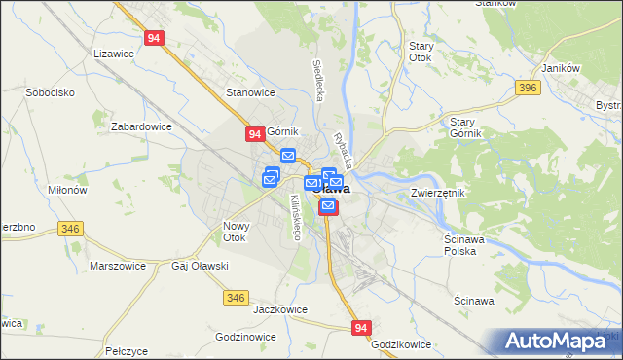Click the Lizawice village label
(112, 54)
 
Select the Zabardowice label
(141, 126)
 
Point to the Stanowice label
(251, 92)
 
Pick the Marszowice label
(117, 266)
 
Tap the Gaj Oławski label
(200, 266)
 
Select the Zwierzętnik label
(438, 193)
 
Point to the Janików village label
(561, 67)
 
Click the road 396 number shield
(529, 89)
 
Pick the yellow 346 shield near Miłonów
(69, 229)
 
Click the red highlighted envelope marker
(328, 206)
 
